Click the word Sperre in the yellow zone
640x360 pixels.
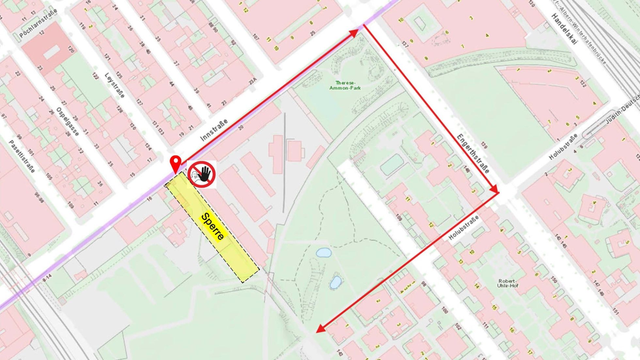click(x=213, y=227)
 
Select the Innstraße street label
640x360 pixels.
click(x=214, y=130)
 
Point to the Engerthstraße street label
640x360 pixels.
click(x=473, y=153)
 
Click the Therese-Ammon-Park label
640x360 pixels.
click(x=345, y=86)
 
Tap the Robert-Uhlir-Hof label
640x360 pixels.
click(x=507, y=283)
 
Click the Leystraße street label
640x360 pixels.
click(x=114, y=85)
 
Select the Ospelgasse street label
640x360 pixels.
click(x=68, y=121)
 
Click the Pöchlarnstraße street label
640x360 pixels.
click(x=38, y=23)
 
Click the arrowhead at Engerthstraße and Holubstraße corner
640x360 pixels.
click(x=495, y=190)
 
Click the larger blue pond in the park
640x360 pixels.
click(x=324, y=252)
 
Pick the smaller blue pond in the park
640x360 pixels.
click(x=335, y=282)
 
